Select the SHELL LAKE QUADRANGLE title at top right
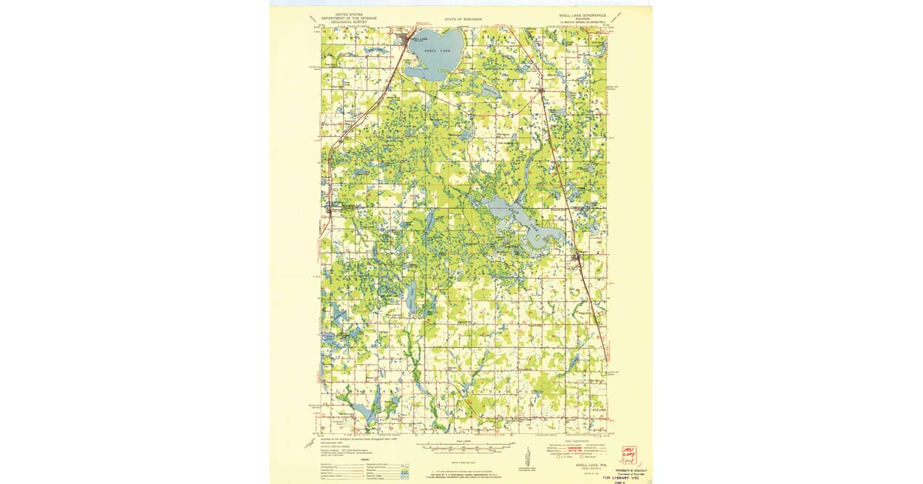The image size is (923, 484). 582,14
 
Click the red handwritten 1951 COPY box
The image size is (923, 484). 628,454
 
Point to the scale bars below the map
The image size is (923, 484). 461,448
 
